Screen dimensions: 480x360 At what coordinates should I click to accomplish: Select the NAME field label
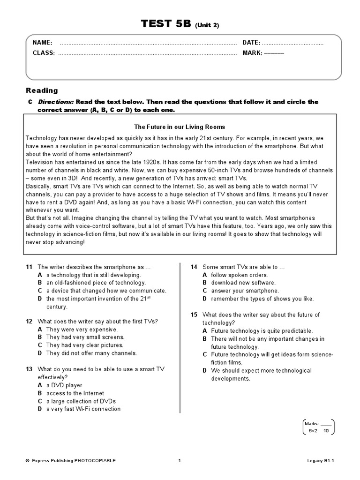click(42, 43)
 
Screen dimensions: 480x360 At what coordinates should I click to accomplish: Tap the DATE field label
click(251, 43)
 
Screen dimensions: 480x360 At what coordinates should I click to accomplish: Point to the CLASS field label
click(44, 53)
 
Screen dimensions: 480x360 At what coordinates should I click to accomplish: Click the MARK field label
click(252, 53)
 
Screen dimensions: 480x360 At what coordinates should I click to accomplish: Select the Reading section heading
click(42, 90)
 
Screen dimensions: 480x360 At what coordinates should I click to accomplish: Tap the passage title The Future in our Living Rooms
click(180, 127)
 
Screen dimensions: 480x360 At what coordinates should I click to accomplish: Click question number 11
click(29, 267)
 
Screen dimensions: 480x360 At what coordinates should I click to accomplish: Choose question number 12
click(29, 322)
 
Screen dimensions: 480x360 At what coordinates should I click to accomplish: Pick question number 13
click(29, 369)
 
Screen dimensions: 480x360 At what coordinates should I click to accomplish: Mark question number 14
click(194, 267)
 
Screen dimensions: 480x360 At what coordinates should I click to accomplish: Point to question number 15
click(194, 315)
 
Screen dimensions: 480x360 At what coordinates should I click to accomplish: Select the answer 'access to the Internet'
click(75, 393)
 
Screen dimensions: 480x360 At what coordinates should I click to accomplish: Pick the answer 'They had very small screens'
click(85, 337)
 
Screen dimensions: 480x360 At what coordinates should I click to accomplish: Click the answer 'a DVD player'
click(63, 385)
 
